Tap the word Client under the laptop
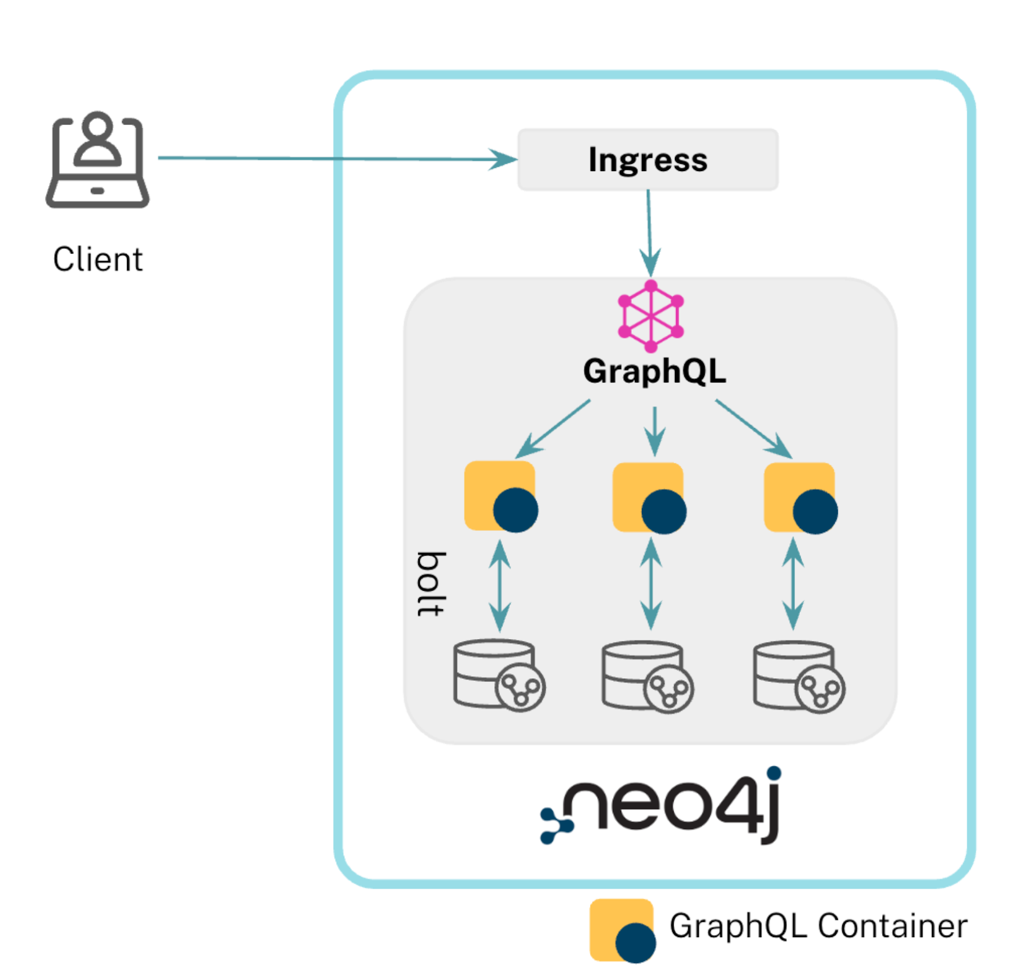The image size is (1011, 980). [98, 259]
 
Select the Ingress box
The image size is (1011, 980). [647, 160]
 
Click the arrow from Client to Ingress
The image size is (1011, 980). [335, 158]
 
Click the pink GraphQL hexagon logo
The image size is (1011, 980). [650, 316]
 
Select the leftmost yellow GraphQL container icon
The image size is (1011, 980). [501, 496]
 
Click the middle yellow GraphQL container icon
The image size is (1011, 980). [649, 498]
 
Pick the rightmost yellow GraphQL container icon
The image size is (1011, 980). [800, 498]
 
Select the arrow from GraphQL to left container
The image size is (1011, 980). [553, 428]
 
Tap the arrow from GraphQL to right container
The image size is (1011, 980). [753, 428]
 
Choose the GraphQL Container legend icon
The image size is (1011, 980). [622, 929]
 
